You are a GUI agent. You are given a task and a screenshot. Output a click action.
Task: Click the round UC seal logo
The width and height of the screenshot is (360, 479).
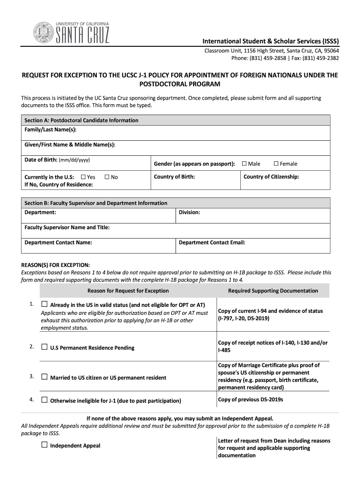pyautogui.click(x=43, y=32)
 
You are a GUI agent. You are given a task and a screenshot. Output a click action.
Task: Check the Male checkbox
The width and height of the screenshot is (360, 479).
pyautogui.click(x=244, y=164)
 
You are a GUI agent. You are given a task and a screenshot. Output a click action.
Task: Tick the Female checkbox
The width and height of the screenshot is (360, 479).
pyautogui.click(x=276, y=164)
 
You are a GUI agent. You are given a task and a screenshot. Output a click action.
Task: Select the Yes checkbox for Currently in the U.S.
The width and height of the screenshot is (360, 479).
pyautogui.click(x=83, y=177)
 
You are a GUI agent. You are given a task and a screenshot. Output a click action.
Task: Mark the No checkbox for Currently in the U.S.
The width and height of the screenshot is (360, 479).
pyautogui.click(x=107, y=177)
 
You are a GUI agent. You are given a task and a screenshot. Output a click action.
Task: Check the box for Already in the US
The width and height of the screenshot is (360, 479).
pyautogui.click(x=44, y=304)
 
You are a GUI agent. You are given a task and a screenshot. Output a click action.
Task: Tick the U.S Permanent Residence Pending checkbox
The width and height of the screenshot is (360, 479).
pyautogui.click(x=44, y=347)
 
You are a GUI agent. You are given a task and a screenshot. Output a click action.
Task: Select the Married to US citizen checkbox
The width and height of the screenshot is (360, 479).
pyautogui.click(x=44, y=377)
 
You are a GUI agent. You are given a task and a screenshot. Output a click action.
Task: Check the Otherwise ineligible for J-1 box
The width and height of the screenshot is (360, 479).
pyautogui.click(x=44, y=400)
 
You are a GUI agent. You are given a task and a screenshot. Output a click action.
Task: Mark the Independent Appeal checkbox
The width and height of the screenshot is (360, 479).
pyautogui.click(x=44, y=445)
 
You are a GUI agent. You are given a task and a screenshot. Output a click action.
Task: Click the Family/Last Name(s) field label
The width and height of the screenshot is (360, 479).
pyautogui.click(x=50, y=130)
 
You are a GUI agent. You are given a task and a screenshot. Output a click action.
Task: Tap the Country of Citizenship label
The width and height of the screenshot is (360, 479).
pyautogui.click(x=271, y=177)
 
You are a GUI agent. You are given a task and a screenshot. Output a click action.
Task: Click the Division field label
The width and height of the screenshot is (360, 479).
pyautogui.click(x=189, y=212)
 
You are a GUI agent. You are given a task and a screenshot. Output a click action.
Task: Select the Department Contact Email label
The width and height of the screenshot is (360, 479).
pyautogui.click(x=212, y=242)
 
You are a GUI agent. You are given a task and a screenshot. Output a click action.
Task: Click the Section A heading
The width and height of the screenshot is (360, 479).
pyautogui.click(x=81, y=120)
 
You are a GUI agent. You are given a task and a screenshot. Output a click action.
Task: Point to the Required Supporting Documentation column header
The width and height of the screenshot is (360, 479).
pyautogui.click(x=273, y=290)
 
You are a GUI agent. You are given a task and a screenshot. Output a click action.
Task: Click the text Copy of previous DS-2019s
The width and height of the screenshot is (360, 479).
pyautogui.click(x=251, y=399)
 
